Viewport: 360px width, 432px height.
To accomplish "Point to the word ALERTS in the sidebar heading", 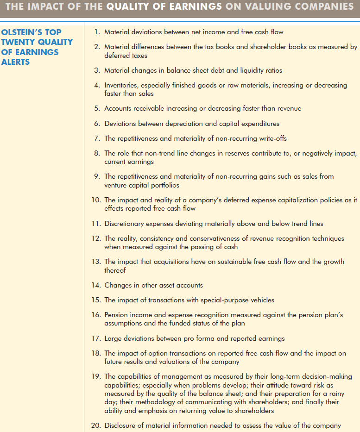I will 15,62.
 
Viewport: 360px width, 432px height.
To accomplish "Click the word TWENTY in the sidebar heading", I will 20,42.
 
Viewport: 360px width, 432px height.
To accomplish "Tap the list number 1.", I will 96,32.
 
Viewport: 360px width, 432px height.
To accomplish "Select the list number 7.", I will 96,139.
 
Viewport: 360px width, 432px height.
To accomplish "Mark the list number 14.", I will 95,285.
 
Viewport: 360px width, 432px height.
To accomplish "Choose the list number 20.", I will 95,426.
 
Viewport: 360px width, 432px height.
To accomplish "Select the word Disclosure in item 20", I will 121,426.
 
